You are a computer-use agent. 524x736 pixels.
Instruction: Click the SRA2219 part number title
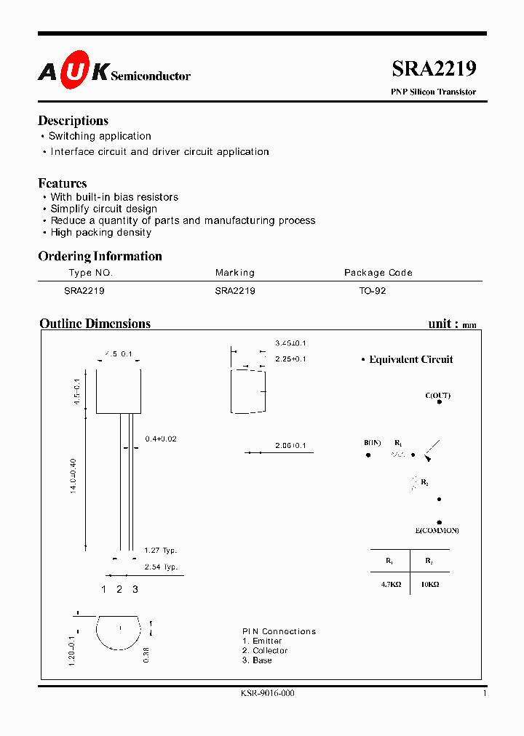click(x=434, y=69)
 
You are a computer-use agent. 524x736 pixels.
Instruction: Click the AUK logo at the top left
click(x=74, y=70)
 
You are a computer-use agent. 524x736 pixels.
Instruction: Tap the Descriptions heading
click(x=73, y=121)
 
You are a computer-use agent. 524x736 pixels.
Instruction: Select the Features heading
click(x=62, y=183)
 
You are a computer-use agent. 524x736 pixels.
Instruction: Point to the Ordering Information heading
click(x=100, y=256)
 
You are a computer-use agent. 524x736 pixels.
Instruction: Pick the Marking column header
click(x=234, y=273)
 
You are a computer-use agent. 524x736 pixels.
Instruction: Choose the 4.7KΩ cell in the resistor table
click(x=390, y=584)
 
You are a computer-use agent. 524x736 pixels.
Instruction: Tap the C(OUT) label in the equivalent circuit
click(x=437, y=396)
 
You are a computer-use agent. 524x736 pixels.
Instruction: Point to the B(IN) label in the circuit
click(x=372, y=443)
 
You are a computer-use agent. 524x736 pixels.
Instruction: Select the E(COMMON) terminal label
click(x=437, y=531)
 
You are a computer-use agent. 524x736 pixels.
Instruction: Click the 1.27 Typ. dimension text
click(x=160, y=551)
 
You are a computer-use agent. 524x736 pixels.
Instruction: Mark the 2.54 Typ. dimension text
click(x=160, y=567)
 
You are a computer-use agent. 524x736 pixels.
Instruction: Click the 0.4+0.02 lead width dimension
click(x=161, y=439)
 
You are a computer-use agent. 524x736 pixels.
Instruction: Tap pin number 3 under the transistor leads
click(x=135, y=589)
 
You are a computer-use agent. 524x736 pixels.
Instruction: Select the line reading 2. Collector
click(x=264, y=651)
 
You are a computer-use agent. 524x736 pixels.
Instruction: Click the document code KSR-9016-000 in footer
click(x=267, y=693)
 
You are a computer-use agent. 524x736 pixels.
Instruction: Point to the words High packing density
click(x=100, y=233)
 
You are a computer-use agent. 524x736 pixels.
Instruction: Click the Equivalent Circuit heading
click(x=410, y=359)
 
